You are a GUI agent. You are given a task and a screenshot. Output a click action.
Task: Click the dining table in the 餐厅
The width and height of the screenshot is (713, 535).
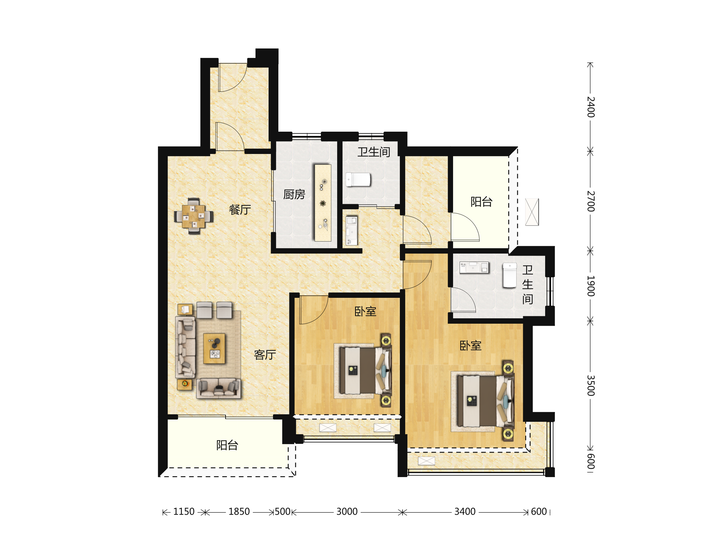[x=193, y=216]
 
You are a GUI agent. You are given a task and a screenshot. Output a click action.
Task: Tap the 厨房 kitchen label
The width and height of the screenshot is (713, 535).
[x=294, y=194]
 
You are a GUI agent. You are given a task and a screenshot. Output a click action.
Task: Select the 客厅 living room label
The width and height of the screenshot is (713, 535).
[x=265, y=355]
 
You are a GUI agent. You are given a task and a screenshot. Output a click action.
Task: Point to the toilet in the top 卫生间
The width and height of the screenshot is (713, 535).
[x=358, y=180]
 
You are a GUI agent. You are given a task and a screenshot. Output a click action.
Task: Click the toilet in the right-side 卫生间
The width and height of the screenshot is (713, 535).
[x=509, y=275]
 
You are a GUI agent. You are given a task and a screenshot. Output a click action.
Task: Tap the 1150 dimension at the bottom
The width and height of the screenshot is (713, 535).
[x=184, y=512]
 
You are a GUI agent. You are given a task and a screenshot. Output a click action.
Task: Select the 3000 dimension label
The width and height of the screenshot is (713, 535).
[x=347, y=512]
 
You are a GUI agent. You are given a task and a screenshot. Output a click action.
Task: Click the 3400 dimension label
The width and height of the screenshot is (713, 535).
[x=465, y=512]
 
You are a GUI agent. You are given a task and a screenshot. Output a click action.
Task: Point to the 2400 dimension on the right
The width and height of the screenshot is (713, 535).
[x=591, y=107]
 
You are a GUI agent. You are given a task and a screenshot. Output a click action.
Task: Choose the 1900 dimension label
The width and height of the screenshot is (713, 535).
[x=591, y=286]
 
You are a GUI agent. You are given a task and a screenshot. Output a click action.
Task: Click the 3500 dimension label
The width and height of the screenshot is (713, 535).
[x=591, y=385]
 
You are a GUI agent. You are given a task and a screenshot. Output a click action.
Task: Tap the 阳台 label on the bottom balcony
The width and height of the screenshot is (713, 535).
[x=227, y=445]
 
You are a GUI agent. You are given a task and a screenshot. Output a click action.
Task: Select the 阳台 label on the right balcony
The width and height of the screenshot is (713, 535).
[x=481, y=202]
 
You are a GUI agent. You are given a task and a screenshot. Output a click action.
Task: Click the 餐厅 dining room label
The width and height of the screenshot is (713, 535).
[x=240, y=210]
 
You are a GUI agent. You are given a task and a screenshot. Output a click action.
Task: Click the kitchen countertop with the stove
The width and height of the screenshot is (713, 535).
[x=323, y=203]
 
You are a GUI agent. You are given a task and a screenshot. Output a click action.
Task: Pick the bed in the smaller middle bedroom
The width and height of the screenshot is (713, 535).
[x=366, y=371]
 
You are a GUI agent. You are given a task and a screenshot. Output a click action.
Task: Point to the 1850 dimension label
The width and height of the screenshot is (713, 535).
[x=239, y=512]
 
